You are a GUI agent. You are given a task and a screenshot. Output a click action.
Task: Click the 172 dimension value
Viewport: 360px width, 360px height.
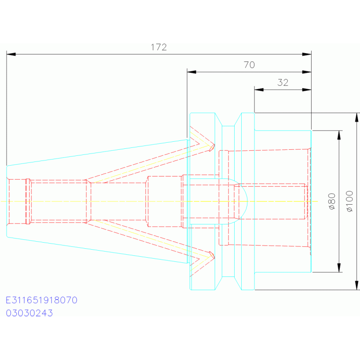[x=159, y=47]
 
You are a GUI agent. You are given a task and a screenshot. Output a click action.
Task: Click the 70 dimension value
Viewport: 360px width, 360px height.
[x=249, y=65]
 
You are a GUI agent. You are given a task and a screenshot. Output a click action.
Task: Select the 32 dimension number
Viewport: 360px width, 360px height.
[x=283, y=83]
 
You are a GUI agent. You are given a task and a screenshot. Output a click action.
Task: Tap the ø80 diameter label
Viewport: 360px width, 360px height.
[x=332, y=201]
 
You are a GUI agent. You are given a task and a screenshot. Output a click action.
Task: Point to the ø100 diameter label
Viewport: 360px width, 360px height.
[x=349, y=201]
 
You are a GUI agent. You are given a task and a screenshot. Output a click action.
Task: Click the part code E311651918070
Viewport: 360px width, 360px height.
[x=42, y=300]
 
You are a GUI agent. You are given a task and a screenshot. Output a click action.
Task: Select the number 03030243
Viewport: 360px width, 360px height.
[x=30, y=313]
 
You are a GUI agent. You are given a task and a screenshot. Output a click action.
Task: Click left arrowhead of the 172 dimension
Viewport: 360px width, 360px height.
[x=11, y=54]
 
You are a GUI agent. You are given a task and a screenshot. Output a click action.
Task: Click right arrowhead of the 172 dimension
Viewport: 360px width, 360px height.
[x=307, y=54]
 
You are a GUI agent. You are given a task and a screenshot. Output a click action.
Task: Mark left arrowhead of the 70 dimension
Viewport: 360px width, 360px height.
[x=191, y=72]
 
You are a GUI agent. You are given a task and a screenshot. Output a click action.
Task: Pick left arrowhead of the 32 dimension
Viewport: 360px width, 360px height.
[x=259, y=90]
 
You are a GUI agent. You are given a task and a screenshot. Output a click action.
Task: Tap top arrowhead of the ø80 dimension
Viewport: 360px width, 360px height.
[x=339, y=135]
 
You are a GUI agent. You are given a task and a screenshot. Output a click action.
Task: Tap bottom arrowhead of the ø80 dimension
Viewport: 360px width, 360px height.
[x=339, y=268]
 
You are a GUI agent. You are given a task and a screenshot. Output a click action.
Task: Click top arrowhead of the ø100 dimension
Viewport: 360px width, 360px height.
[x=357, y=117]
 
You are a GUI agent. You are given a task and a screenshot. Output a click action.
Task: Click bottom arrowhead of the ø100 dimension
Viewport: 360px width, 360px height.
[x=357, y=285]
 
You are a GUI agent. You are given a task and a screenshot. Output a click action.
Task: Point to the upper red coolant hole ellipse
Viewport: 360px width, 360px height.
[x=212, y=148]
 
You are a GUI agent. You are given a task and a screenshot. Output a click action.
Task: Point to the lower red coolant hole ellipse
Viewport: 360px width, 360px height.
[x=212, y=255]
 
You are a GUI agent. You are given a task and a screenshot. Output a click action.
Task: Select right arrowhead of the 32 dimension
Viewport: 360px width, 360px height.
[x=307, y=90]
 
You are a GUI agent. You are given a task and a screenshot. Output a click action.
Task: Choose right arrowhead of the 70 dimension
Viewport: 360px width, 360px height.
[x=307, y=72]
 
